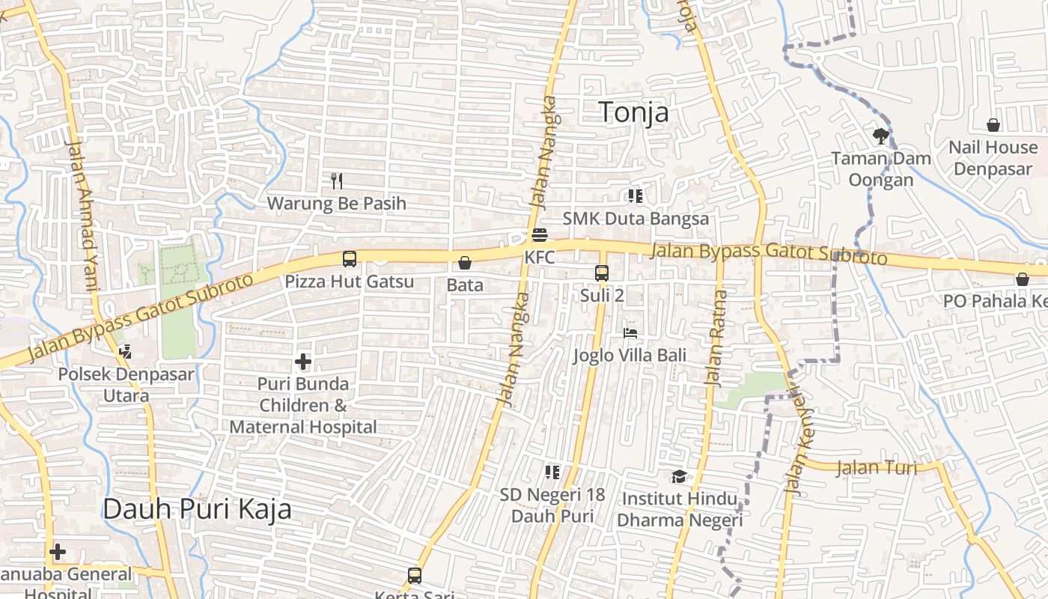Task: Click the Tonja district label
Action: coord(633,112)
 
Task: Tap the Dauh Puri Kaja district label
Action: coord(197,509)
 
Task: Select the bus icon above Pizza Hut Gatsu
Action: coord(349,259)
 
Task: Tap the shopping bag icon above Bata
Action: coord(464,263)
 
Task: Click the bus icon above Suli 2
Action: coord(602,273)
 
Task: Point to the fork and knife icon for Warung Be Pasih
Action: coord(337,180)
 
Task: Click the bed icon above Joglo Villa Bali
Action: coord(630,332)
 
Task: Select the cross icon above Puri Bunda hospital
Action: coord(303,362)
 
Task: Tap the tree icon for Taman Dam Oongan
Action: coord(880,136)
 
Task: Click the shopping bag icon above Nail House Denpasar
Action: coord(993,124)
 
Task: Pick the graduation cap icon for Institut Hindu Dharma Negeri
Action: coord(678,476)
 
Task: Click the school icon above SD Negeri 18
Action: coord(552,472)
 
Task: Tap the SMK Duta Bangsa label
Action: coord(636,219)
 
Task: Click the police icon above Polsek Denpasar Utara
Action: coord(125,351)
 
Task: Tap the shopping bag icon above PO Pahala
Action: coord(1022,279)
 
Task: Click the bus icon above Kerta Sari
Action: coord(414,576)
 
